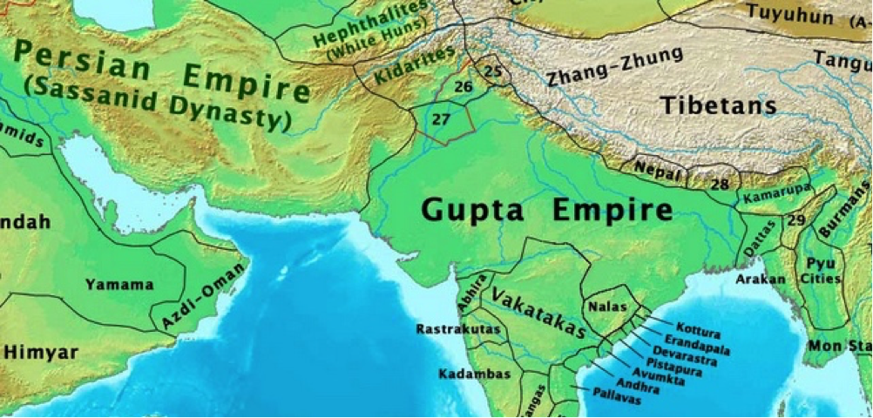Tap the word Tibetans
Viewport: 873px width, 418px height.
pos(717,106)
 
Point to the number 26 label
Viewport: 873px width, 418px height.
pos(464,86)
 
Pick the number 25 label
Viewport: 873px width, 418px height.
pos(492,70)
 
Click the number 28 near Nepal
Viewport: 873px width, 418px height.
pos(720,184)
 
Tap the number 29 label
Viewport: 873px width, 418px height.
pos(795,220)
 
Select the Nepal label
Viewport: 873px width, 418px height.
pos(656,169)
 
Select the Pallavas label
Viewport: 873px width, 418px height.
pos(616,399)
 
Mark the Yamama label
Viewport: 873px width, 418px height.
pos(119,284)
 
